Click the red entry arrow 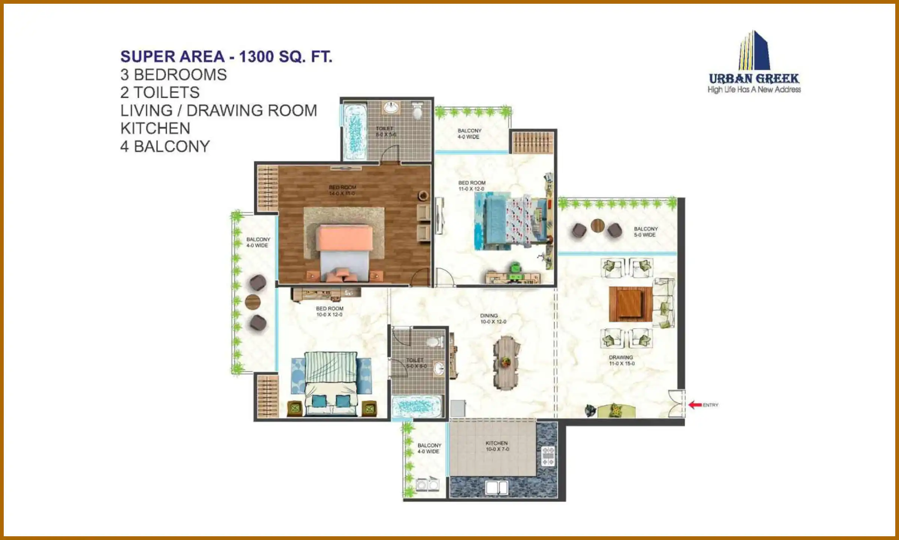pyautogui.click(x=695, y=405)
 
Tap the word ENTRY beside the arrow pyautogui.click(x=711, y=405)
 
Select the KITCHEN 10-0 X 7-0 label pyautogui.click(x=497, y=446)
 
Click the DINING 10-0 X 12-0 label pyautogui.click(x=493, y=318)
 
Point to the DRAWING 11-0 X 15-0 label pyautogui.click(x=621, y=360)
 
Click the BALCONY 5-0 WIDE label pyautogui.click(x=645, y=232)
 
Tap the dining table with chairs pyautogui.click(x=506, y=363)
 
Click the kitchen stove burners pyautogui.click(x=548, y=456)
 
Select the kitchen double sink pyautogui.click(x=497, y=487)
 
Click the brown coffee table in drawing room pyautogui.click(x=630, y=304)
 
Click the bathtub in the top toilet pyautogui.click(x=354, y=132)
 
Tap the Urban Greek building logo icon pyautogui.click(x=754, y=51)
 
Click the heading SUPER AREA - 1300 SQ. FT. pyautogui.click(x=226, y=57)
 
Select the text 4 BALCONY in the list pyautogui.click(x=165, y=146)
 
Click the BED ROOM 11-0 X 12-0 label pyautogui.click(x=472, y=186)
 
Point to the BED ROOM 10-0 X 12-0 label pyautogui.click(x=330, y=311)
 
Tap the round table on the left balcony pyautogui.click(x=252, y=301)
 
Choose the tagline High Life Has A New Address pyautogui.click(x=754, y=89)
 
